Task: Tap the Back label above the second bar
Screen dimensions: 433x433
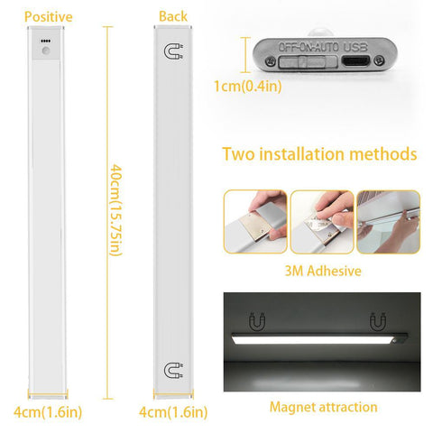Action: (x=172, y=17)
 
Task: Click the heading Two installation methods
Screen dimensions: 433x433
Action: (x=319, y=153)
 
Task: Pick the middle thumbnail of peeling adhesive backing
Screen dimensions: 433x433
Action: (x=321, y=221)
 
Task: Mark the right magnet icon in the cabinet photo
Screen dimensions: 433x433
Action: (x=377, y=320)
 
